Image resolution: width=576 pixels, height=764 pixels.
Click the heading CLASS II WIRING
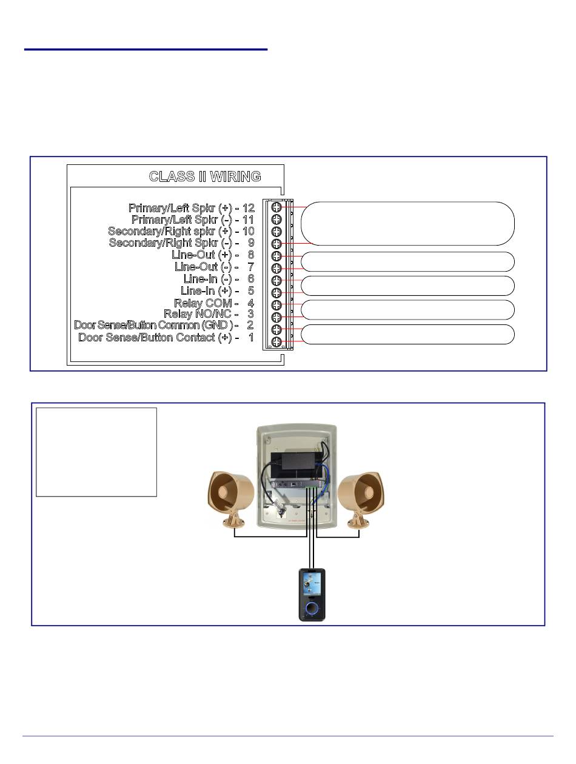[x=205, y=176]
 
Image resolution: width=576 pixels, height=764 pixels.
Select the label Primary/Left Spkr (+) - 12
[x=192, y=208]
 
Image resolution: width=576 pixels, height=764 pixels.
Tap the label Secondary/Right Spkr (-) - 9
[x=181, y=243]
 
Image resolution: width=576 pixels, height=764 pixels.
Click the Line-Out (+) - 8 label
[x=213, y=255]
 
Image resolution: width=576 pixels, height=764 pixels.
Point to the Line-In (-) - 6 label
[x=218, y=279]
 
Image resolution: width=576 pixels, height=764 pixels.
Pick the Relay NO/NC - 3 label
[x=209, y=313]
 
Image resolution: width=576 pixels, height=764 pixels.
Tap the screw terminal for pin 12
[x=276, y=207]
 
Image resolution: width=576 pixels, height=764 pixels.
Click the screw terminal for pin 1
[x=276, y=342]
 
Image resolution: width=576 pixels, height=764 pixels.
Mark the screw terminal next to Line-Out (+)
[x=276, y=256]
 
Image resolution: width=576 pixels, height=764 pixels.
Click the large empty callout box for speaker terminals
[x=407, y=223]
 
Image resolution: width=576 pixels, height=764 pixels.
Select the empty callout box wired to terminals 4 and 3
[x=407, y=309]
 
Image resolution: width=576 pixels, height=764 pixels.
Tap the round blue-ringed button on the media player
[x=312, y=608]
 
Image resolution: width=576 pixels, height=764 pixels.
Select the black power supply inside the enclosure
[x=295, y=460]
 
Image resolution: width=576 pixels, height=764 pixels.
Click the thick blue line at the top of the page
[x=146, y=49]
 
